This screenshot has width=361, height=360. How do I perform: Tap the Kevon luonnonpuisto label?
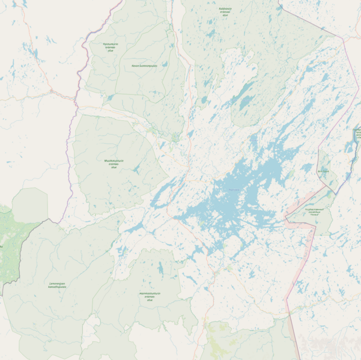(x=140, y=66)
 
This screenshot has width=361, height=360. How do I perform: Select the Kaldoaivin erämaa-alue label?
(x=225, y=11)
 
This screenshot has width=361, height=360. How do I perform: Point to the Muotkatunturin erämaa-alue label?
(x=114, y=163)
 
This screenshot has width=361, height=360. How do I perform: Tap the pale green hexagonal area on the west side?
(x=30, y=204)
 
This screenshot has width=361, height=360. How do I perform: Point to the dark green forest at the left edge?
(x=7, y=246)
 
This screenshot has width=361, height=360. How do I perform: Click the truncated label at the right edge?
(x=357, y=133)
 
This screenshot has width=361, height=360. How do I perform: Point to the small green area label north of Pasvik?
(x=323, y=171)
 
